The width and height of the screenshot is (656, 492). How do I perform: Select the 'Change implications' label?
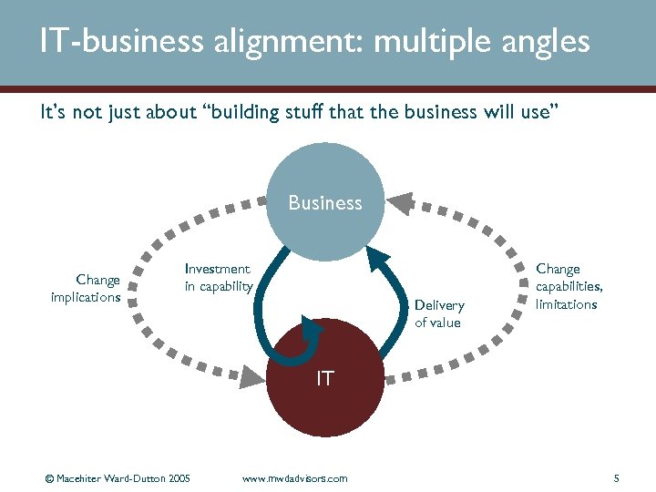point(86,289)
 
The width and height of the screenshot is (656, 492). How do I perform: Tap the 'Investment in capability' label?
point(218,278)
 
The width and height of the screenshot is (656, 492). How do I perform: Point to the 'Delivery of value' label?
point(438,313)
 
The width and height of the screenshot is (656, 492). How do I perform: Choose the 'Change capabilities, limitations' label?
point(569,286)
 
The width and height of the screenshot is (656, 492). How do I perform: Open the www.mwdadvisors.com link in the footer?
point(294,478)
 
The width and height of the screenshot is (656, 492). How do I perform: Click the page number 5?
point(617,478)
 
